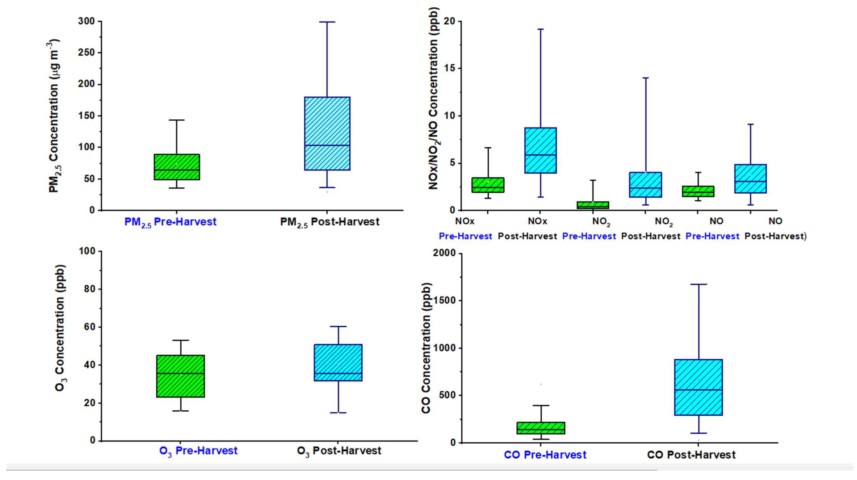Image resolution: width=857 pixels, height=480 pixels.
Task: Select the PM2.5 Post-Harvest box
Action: click(327, 133)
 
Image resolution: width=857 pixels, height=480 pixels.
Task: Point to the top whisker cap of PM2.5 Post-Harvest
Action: click(327, 22)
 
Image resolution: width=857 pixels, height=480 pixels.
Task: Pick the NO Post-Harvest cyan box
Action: click(750, 178)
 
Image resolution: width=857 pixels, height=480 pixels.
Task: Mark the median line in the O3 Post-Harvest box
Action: click(338, 373)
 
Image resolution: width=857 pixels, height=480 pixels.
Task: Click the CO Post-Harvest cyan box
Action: click(698, 387)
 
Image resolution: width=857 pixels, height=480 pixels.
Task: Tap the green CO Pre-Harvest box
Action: click(541, 428)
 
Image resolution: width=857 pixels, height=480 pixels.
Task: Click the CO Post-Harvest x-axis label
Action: click(691, 455)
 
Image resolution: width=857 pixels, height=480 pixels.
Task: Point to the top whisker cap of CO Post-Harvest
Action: click(698, 284)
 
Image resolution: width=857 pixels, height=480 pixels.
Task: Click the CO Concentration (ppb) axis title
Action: click(426, 348)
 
